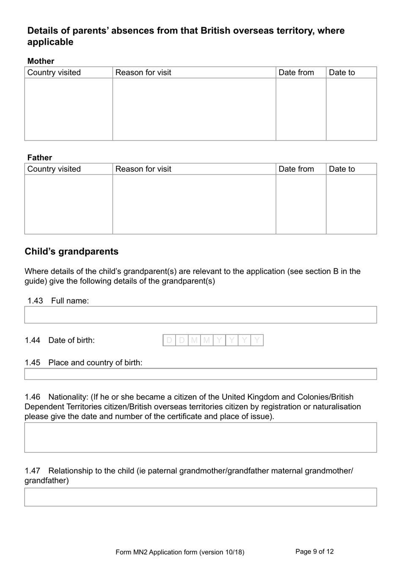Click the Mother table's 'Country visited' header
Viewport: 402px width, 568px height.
click(54, 72)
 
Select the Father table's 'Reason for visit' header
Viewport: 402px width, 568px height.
click(143, 169)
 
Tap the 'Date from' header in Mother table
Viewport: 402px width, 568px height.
click(296, 72)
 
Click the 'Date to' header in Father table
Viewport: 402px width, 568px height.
click(342, 169)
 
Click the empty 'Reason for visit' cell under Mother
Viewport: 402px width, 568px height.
click(194, 109)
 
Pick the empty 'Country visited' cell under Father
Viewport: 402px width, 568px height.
click(69, 204)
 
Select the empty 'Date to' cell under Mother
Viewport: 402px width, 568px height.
click(351, 109)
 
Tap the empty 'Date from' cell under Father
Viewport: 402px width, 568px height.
click(301, 204)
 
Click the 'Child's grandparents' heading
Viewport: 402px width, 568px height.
click(72, 251)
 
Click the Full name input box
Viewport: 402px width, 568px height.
click(201, 315)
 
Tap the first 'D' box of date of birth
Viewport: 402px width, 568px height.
click(169, 340)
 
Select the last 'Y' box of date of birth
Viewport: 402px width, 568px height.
click(257, 340)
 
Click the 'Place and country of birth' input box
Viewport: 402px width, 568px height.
click(201, 374)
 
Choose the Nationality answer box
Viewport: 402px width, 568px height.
click(201, 438)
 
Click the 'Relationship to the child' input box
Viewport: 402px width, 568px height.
click(201, 497)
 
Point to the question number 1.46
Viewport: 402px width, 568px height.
click(33, 397)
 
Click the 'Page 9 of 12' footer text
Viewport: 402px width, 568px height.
click(314, 551)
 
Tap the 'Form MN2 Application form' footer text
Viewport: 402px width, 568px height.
click(180, 552)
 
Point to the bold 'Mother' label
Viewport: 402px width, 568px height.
click(41, 61)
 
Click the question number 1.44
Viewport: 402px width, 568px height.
click(33, 340)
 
